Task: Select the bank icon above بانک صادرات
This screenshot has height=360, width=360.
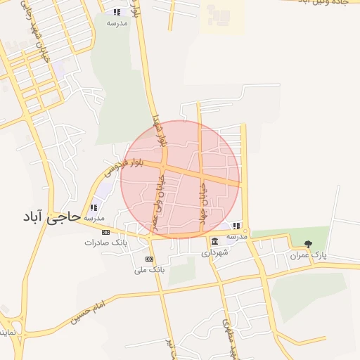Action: [x=105, y=232]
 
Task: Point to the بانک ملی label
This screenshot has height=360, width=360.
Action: [x=148, y=269]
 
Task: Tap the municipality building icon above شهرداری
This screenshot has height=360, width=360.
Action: [x=214, y=242]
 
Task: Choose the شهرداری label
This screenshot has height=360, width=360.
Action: [x=214, y=252]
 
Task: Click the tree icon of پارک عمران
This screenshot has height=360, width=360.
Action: [x=308, y=244]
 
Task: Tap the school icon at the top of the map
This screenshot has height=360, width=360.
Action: [x=117, y=12]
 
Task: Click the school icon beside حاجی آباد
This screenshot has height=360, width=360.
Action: [x=94, y=208]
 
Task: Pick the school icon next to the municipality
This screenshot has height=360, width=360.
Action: [x=237, y=226]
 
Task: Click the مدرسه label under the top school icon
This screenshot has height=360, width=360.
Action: [x=117, y=22]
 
